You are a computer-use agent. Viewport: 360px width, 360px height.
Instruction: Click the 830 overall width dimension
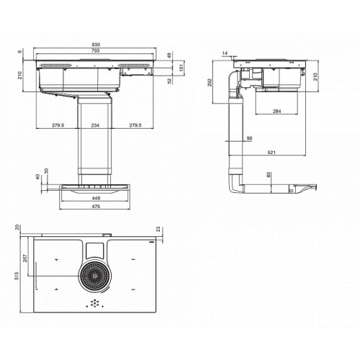coord(96,45)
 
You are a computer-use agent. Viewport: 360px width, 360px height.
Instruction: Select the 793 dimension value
coord(96,50)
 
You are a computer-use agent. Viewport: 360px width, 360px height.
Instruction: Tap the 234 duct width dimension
coord(95,125)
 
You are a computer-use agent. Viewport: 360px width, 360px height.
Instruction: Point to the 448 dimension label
coord(96,198)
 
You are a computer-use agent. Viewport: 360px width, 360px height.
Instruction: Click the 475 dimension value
coord(96,206)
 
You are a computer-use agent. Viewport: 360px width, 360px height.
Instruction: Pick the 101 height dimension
coord(181,68)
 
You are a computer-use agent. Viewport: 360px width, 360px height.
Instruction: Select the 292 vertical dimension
coord(210,82)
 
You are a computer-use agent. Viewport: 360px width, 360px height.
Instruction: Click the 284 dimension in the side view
coord(276,111)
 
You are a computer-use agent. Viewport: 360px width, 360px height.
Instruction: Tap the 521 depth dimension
coord(271,152)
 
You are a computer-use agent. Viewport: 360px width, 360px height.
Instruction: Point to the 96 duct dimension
coord(249,138)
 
